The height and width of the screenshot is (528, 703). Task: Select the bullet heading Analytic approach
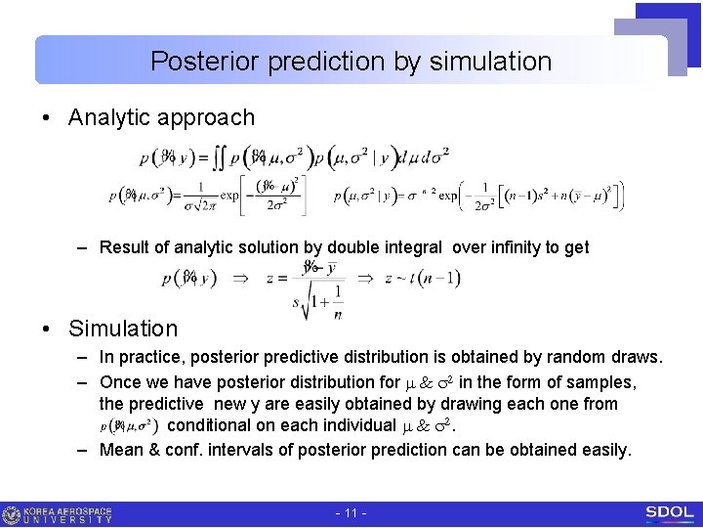tap(161, 118)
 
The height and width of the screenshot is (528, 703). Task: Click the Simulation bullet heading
tap(123, 329)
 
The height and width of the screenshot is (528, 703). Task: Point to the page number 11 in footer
tap(350, 513)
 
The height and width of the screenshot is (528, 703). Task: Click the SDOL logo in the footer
tap(669, 512)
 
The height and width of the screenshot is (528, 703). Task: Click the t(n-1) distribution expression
tap(422, 279)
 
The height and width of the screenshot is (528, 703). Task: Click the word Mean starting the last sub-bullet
tap(122, 450)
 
